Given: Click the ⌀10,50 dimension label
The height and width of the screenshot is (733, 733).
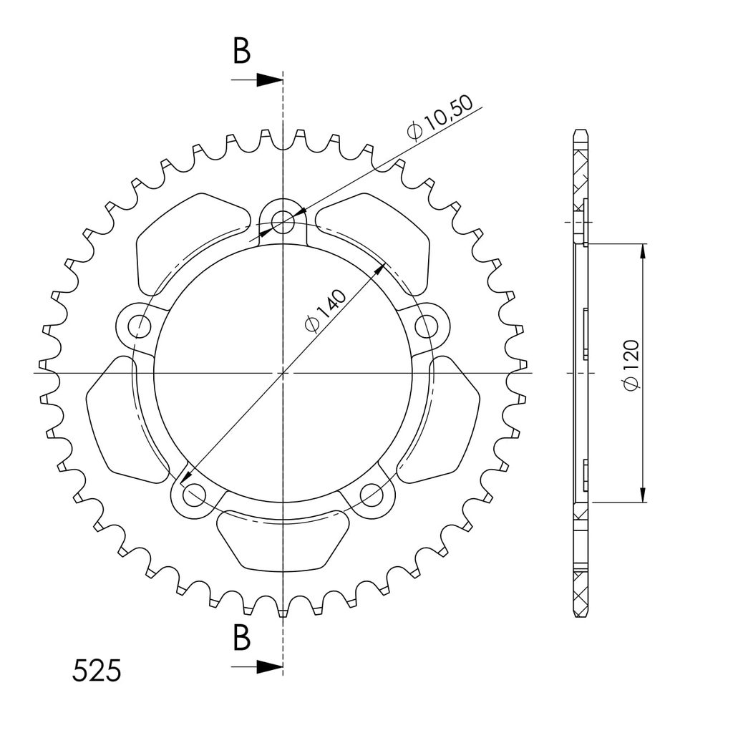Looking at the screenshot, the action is click(x=440, y=118).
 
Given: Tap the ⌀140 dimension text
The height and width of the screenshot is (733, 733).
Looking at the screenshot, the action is click(x=326, y=310).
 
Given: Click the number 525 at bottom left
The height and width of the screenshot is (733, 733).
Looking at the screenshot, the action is click(x=97, y=671).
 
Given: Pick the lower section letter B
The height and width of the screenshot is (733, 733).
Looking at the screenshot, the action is click(x=242, y=637).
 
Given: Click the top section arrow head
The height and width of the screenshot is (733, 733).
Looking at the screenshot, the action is click(x=269, y=80).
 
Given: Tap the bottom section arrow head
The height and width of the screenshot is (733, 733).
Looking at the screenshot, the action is click(x=269, y=667).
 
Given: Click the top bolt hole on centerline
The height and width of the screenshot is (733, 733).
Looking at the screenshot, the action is click(x=283, y=222).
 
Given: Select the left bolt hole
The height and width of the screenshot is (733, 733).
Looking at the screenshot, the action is click(x=139, y=326).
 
